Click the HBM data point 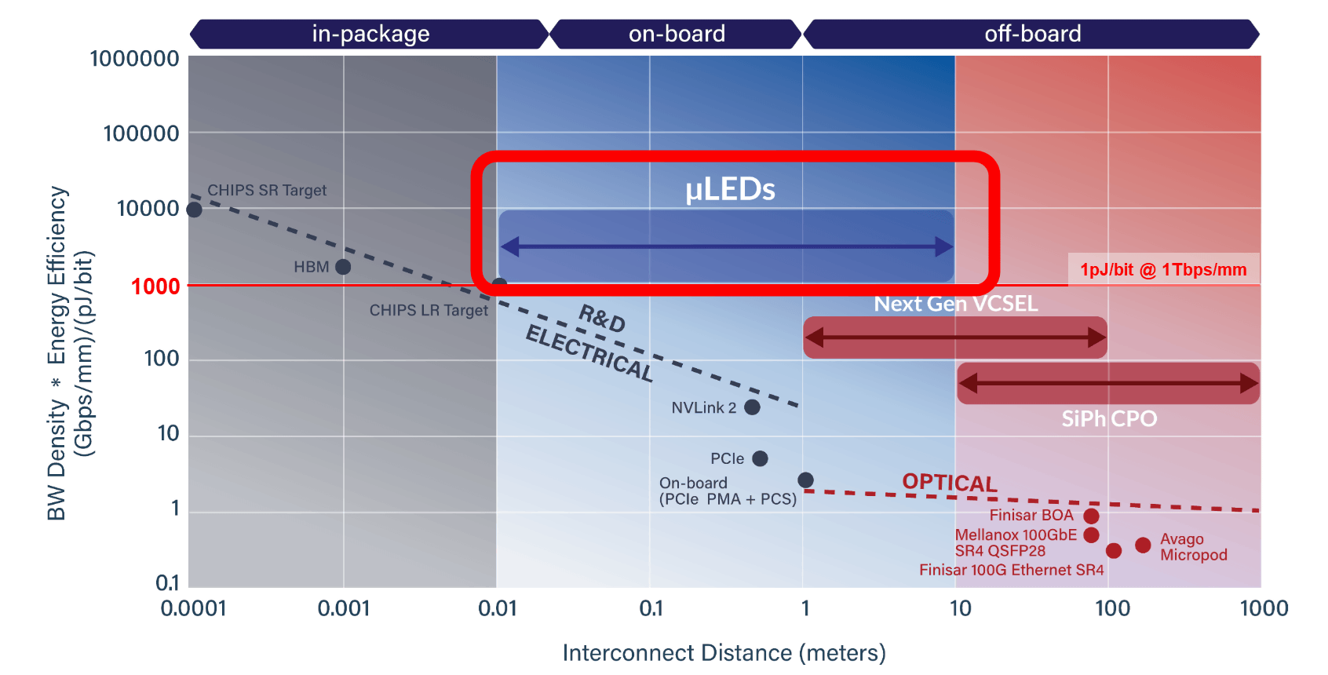point(343,267)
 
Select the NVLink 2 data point point(752,407)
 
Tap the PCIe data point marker point(760,458)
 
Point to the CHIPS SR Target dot point(194,210)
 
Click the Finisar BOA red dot point(1091,516)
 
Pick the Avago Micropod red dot point(1143,545)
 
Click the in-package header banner point(370,34)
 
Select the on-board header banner point(677,34)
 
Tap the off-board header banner point(1032,34)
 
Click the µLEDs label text point(730,189)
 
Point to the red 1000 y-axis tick point(155,286)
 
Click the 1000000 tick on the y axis point(134,59)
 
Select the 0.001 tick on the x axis point(343,608)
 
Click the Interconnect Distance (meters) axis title point(724,652)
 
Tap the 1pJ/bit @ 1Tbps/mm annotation point(1163,270)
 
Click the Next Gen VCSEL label point(956,304)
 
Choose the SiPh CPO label point(1109,419)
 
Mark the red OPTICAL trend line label point(950,482)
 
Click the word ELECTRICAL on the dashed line point(589,353)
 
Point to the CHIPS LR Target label point(429,310)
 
